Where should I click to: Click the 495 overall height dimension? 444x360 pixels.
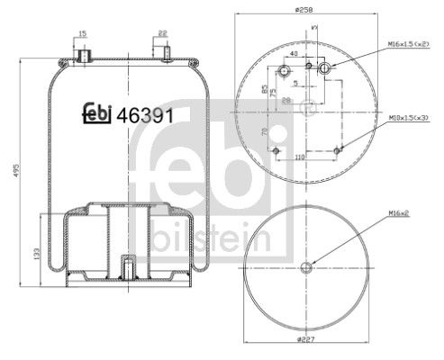[x=11, y=171]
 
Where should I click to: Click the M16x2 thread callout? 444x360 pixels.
[x=402, y=212]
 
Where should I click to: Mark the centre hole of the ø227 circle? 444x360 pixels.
[x=306, y=266]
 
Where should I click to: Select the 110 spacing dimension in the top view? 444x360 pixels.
[x=299, y=157]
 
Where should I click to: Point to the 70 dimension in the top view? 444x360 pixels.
[x=265, y=132]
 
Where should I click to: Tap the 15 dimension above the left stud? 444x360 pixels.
[x=82, y=34]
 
